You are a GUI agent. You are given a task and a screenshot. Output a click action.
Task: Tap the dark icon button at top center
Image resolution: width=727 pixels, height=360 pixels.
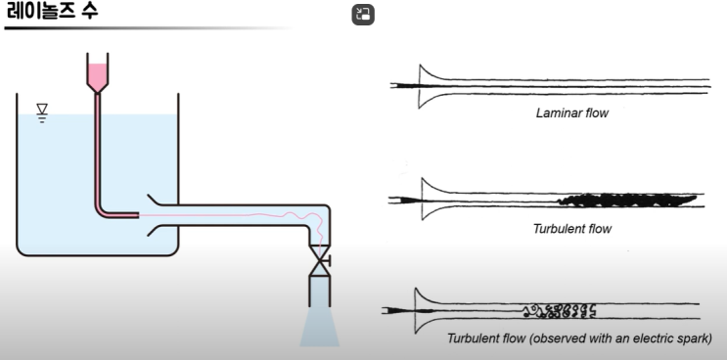coord(363,15)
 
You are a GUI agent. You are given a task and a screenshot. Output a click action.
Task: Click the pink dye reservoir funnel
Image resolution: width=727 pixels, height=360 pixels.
coord(98,73)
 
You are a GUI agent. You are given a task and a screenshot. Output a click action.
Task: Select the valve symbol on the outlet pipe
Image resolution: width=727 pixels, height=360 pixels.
coord(320,261)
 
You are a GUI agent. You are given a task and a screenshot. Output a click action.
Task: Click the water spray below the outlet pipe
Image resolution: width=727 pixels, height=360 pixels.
coord(319,326)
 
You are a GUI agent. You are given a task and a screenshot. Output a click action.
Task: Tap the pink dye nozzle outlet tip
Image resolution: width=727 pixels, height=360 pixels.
coord(138,215)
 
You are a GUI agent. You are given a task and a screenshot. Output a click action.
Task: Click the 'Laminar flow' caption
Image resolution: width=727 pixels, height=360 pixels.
coord(571,113)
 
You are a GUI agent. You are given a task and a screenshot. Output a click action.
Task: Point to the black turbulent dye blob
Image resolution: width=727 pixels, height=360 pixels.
coord(627,201)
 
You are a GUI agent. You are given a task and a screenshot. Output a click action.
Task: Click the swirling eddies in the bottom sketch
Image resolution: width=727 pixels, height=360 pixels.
coord(559,311)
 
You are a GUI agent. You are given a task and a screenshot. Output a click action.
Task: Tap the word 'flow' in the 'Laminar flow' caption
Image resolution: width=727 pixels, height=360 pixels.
coord(597,113)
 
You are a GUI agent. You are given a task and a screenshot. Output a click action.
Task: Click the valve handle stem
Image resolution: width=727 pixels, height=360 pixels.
coord(326,261)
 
